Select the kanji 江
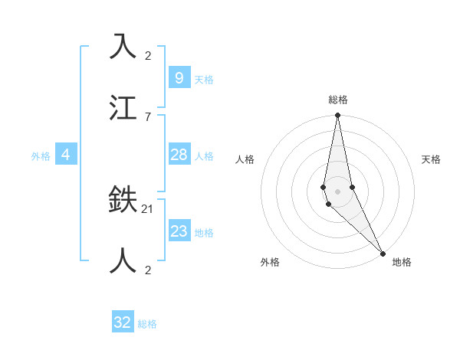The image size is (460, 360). click(123, 108)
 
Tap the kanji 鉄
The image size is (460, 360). click(123, 200)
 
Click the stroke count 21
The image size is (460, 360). click(148, 208)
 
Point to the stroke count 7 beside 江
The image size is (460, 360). click(148, 116)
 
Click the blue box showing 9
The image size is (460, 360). click(179, 78)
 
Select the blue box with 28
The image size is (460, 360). click(179, 155)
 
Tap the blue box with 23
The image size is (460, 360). click(179, 231)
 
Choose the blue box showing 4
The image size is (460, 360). click(66, 155)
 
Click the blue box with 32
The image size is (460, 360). click(123, 322)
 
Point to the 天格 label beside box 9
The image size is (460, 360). click(203, 80)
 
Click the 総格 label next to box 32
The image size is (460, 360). click(147, 324)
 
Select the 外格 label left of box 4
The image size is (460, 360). click(41, 156)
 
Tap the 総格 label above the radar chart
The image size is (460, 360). click(338, 100)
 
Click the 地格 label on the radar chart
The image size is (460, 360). click(402, 262)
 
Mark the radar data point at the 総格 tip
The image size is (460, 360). click(337, 116)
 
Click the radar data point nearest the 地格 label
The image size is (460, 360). click(383, 254)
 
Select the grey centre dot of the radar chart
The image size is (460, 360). click(337, 191)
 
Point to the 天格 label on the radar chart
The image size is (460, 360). click(432, 159)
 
